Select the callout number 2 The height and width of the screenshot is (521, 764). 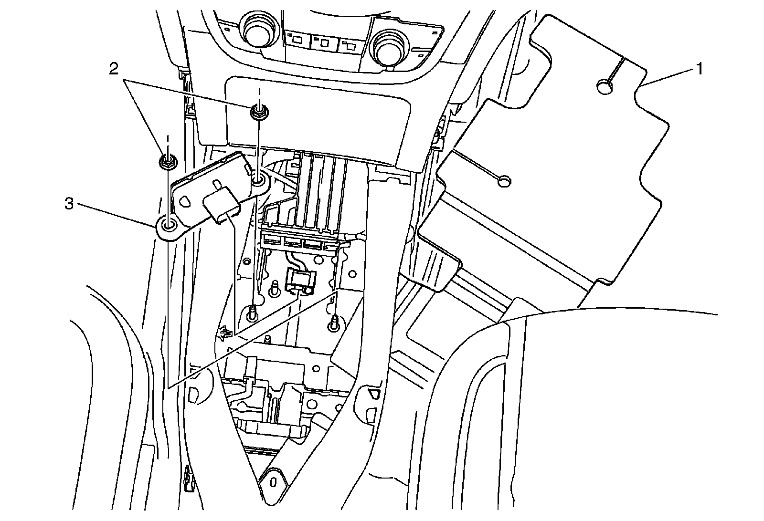[x=114, y=70]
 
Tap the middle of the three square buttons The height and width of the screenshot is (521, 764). [x=324, y=42]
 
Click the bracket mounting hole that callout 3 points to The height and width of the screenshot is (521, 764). [x=169, y=225]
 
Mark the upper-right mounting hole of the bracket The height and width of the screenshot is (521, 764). [x=258, y=181]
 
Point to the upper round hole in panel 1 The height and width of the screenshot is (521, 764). [x=605, y=87]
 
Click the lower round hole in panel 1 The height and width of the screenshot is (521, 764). [x=504, y=181]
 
